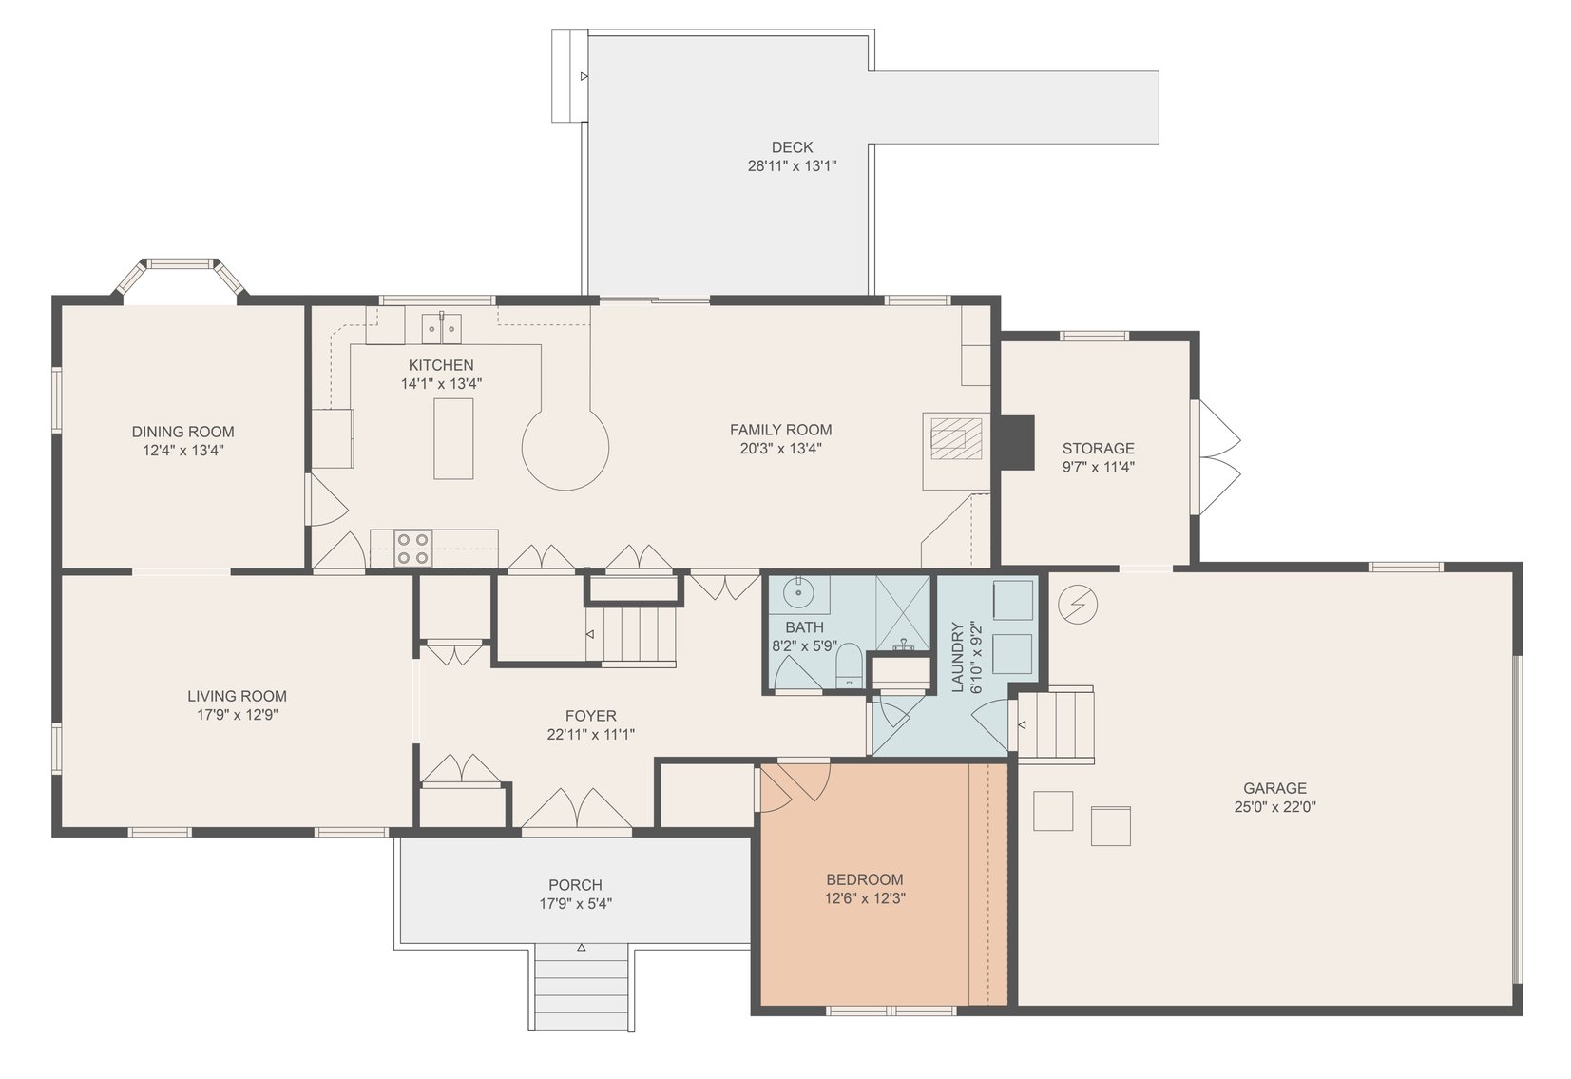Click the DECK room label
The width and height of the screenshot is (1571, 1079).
[792, 147]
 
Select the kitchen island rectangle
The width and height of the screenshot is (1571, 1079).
[453, 438]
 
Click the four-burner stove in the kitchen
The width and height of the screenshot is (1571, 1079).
[412, 549]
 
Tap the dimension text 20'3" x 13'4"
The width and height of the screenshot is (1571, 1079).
[780, 449]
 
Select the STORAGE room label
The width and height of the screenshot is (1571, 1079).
[1098, 448]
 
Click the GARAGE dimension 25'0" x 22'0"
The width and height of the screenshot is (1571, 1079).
[1274, 807]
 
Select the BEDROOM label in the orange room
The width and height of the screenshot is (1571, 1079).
[864, 879]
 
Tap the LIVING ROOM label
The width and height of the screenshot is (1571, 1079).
[237, 696]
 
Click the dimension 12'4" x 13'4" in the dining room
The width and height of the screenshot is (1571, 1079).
[182, 451]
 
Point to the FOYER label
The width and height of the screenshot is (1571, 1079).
[590, 716]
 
